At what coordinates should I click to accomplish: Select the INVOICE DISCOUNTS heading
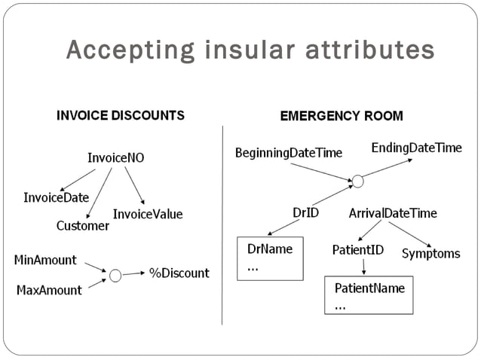pos(121,116)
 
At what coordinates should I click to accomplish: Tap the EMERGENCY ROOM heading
pos(341,116)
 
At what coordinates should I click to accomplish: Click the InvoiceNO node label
pos(115,158)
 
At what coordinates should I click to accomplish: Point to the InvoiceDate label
pos(56,197)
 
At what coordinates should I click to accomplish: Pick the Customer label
pos(83,225)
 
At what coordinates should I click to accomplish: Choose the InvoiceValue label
pos(148,214)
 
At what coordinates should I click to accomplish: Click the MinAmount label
pos(45,260)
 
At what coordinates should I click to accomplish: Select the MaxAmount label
pos(49,290)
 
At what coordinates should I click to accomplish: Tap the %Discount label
pos(179,273)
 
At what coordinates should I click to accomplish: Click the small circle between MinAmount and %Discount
pos(115,276)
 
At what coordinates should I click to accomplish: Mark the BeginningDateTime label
pos(288,153)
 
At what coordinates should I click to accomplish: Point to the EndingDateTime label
pos(416,148)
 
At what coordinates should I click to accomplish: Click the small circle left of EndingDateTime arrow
pos(357,181)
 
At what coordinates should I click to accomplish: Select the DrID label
pos(305,213)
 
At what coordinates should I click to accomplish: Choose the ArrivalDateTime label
pos(392,213)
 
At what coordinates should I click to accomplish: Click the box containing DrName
pos(270,258)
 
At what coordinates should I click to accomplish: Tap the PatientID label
pos(357,249)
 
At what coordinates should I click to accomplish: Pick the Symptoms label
pos(430,254)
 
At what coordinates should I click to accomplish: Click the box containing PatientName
pos(369,295)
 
